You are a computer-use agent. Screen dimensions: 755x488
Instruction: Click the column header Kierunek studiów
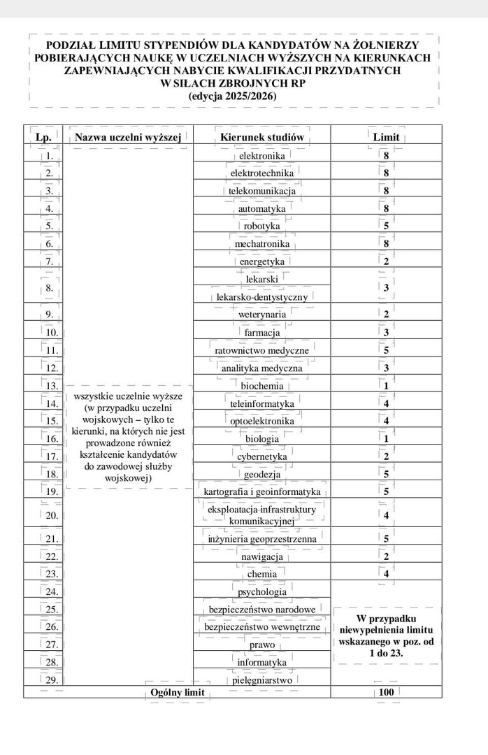coord(262,137)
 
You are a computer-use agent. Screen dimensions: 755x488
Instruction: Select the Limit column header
coord(386,137)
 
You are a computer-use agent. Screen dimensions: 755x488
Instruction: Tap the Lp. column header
coord(43,137)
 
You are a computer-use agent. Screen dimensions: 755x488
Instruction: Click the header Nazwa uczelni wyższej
coord(128,137)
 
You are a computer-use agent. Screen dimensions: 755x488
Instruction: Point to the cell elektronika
coord(262,155)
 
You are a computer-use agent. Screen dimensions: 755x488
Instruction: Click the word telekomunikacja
coord(262,190)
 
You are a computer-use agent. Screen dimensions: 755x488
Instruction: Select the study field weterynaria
coord(262,315)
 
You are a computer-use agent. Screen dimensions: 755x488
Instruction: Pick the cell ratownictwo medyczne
coord(262,350)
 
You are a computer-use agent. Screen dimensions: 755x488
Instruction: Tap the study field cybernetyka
coord(262,456)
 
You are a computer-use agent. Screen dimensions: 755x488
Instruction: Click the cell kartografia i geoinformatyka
coord(262,491)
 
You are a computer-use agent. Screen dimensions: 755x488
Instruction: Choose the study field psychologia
coord(262,591)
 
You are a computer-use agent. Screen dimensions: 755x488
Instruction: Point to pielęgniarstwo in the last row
coord(262,679)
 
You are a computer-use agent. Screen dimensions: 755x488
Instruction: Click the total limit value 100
coord(386,692)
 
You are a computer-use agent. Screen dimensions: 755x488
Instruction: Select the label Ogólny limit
coord(170,692)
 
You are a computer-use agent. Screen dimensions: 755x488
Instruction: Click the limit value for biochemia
coord(386,385)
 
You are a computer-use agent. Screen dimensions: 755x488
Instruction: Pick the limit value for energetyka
coord(386,261)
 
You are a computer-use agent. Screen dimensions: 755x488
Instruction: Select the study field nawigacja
coord(262,556)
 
